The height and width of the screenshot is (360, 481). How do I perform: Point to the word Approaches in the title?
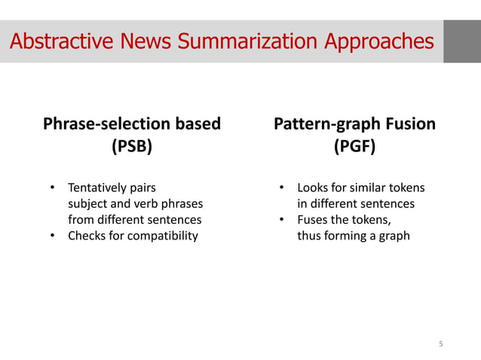click(378, 41)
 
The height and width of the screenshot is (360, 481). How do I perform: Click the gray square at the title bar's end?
click(461, 41)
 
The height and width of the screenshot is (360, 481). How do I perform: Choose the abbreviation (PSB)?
click(132, 147)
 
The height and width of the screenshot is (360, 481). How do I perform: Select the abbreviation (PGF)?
click(355, 147)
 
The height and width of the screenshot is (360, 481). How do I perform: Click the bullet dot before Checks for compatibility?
click(53, 236)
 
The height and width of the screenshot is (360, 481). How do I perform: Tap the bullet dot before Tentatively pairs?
click(53, 187)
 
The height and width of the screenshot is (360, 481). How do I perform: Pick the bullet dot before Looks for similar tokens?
click(281, 187)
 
